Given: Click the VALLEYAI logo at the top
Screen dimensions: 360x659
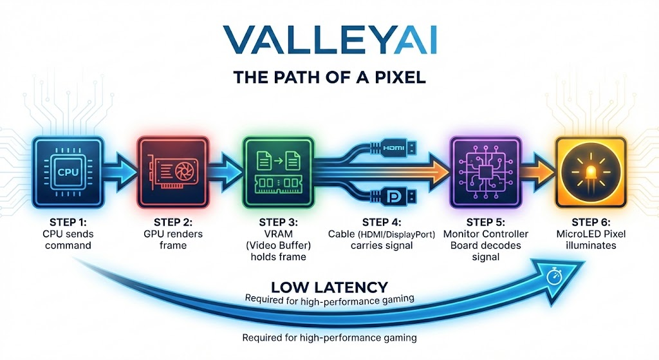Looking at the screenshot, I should pyautogui.click(x=329, y=39).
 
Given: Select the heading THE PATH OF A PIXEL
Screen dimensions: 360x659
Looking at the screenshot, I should pyautogui.click(x=329, y=79).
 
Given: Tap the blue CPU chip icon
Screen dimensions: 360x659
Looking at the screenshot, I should pyautogui.click(x=68, y=171).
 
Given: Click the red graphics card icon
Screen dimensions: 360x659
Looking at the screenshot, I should pyautogui.click(x=172, y=171).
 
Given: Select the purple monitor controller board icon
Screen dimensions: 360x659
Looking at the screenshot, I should pyautogui.click(x=483, y=171).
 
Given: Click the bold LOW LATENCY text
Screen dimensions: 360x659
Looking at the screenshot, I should pyautogui.click(x=329, y=287).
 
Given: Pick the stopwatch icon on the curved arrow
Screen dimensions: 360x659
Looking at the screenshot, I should pyautogui.click(x=553, y=275).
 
